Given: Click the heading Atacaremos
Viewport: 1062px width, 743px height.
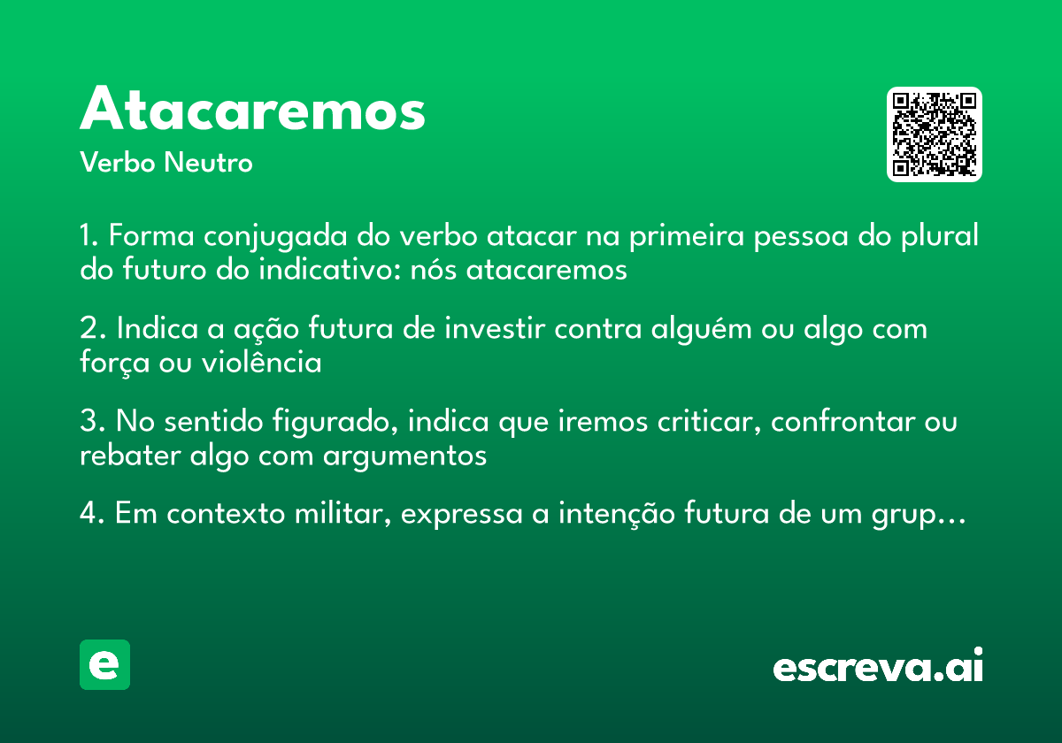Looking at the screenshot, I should coord(253,111).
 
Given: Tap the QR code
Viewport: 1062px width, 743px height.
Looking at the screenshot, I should coord(935,134).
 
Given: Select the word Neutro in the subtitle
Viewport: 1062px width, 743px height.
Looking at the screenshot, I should coord(208,163).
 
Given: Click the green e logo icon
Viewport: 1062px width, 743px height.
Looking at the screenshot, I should coord(104,664).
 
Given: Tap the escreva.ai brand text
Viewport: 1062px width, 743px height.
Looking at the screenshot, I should coord(878,666).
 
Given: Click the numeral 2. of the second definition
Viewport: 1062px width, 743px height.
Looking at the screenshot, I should coord(92,329).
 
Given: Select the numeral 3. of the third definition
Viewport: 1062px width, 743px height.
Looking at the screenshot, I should coord(92,422).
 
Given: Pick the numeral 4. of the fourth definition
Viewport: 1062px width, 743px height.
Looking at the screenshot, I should coord(92,514).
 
